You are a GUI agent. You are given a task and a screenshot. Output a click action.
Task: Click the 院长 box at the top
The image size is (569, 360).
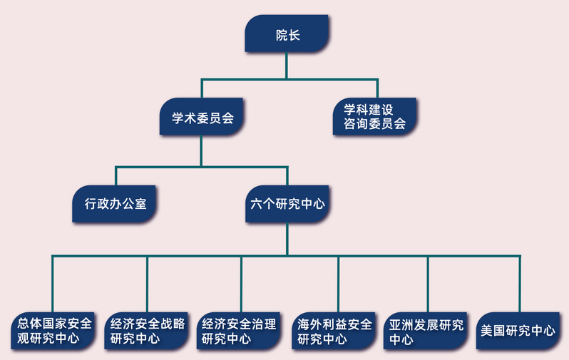(x=287, y=34)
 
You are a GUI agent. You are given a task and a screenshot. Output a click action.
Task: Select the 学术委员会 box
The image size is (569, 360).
(x=203, y=118)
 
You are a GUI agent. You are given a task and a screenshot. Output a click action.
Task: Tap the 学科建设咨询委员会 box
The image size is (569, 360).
(x=374, y=117)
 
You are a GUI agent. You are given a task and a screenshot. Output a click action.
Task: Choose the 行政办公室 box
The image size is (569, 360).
(x=115, y=203)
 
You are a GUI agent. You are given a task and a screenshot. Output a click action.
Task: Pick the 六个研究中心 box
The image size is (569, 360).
(x=287, y=203)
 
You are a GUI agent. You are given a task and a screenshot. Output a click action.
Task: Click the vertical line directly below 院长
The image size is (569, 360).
(x=287, y=66)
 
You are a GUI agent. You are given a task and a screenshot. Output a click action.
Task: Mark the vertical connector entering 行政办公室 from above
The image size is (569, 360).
(x=116, y=178)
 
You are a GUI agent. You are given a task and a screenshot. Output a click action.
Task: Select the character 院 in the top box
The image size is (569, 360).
(x=281, y=34)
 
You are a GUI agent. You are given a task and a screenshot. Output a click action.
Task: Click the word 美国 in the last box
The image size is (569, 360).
(x=493, y=331)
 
